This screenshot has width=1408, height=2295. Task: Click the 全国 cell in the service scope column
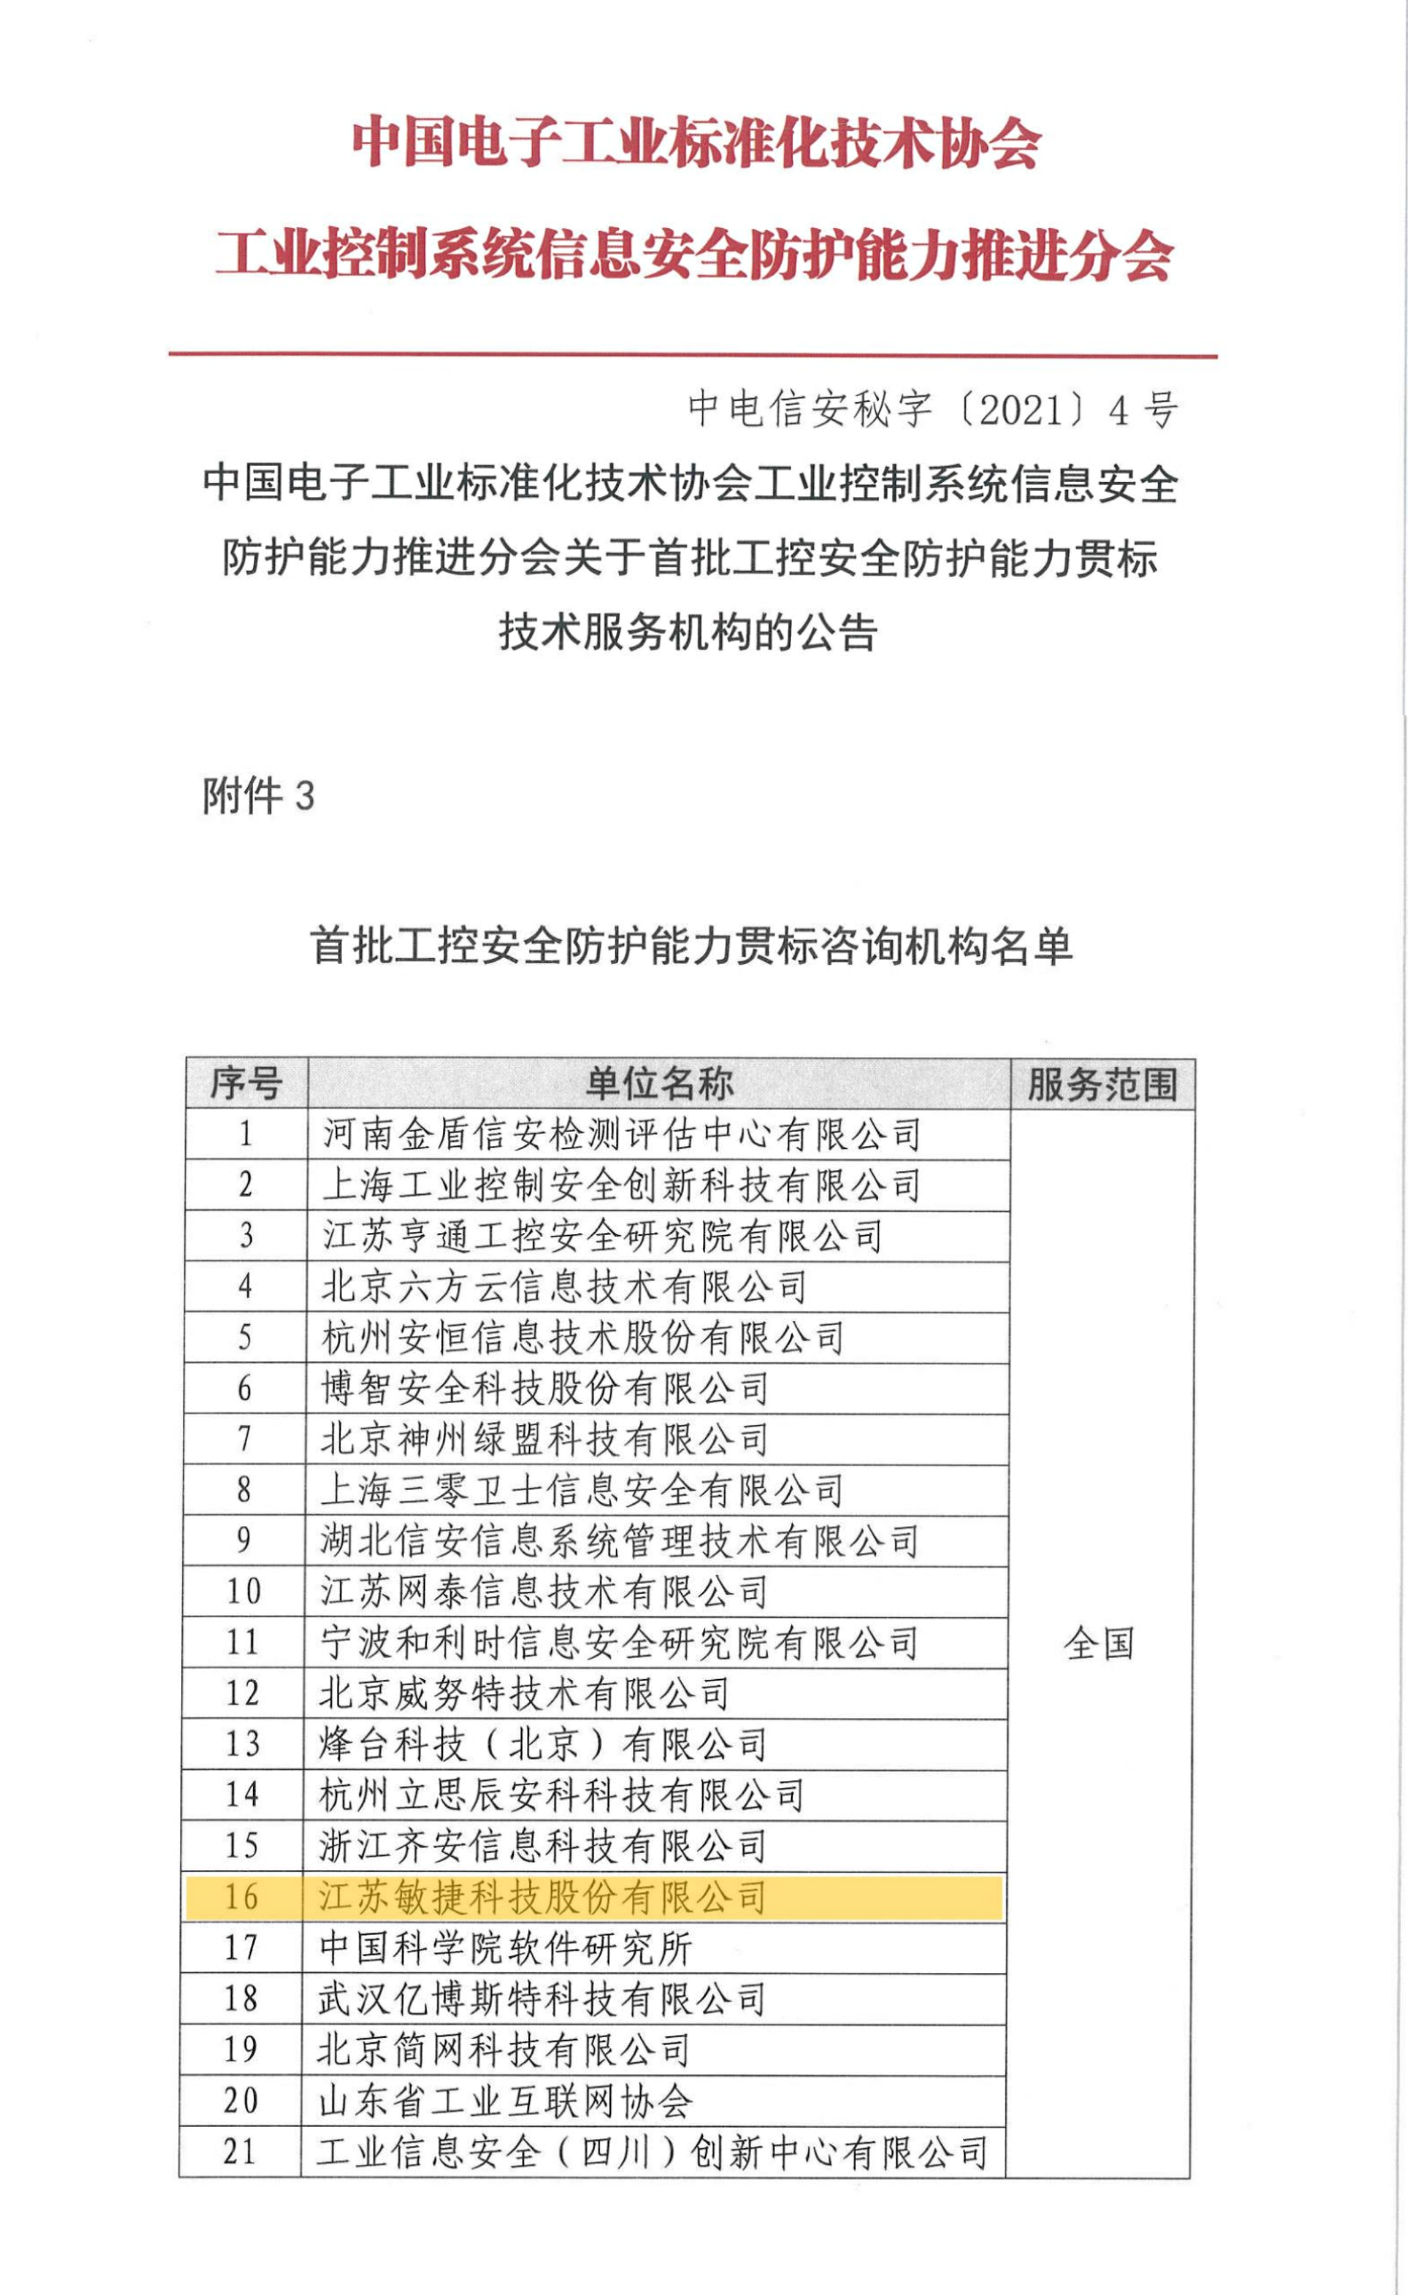click(x=1099, y=1643)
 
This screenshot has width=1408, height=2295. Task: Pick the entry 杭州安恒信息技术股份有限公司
click(x=582, y=1338)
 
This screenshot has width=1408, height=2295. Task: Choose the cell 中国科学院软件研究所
click(x=505, y=1948)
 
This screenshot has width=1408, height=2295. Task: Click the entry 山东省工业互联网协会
click(x=505, y=2101)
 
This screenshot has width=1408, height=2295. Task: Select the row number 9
click(x=243, y=1541)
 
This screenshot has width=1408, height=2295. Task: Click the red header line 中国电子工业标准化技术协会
click(x=695, y=142)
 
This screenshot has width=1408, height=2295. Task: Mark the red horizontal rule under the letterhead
click(x=693, y=355)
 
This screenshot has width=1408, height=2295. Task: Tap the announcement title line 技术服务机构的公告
click(x=688, y=632)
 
